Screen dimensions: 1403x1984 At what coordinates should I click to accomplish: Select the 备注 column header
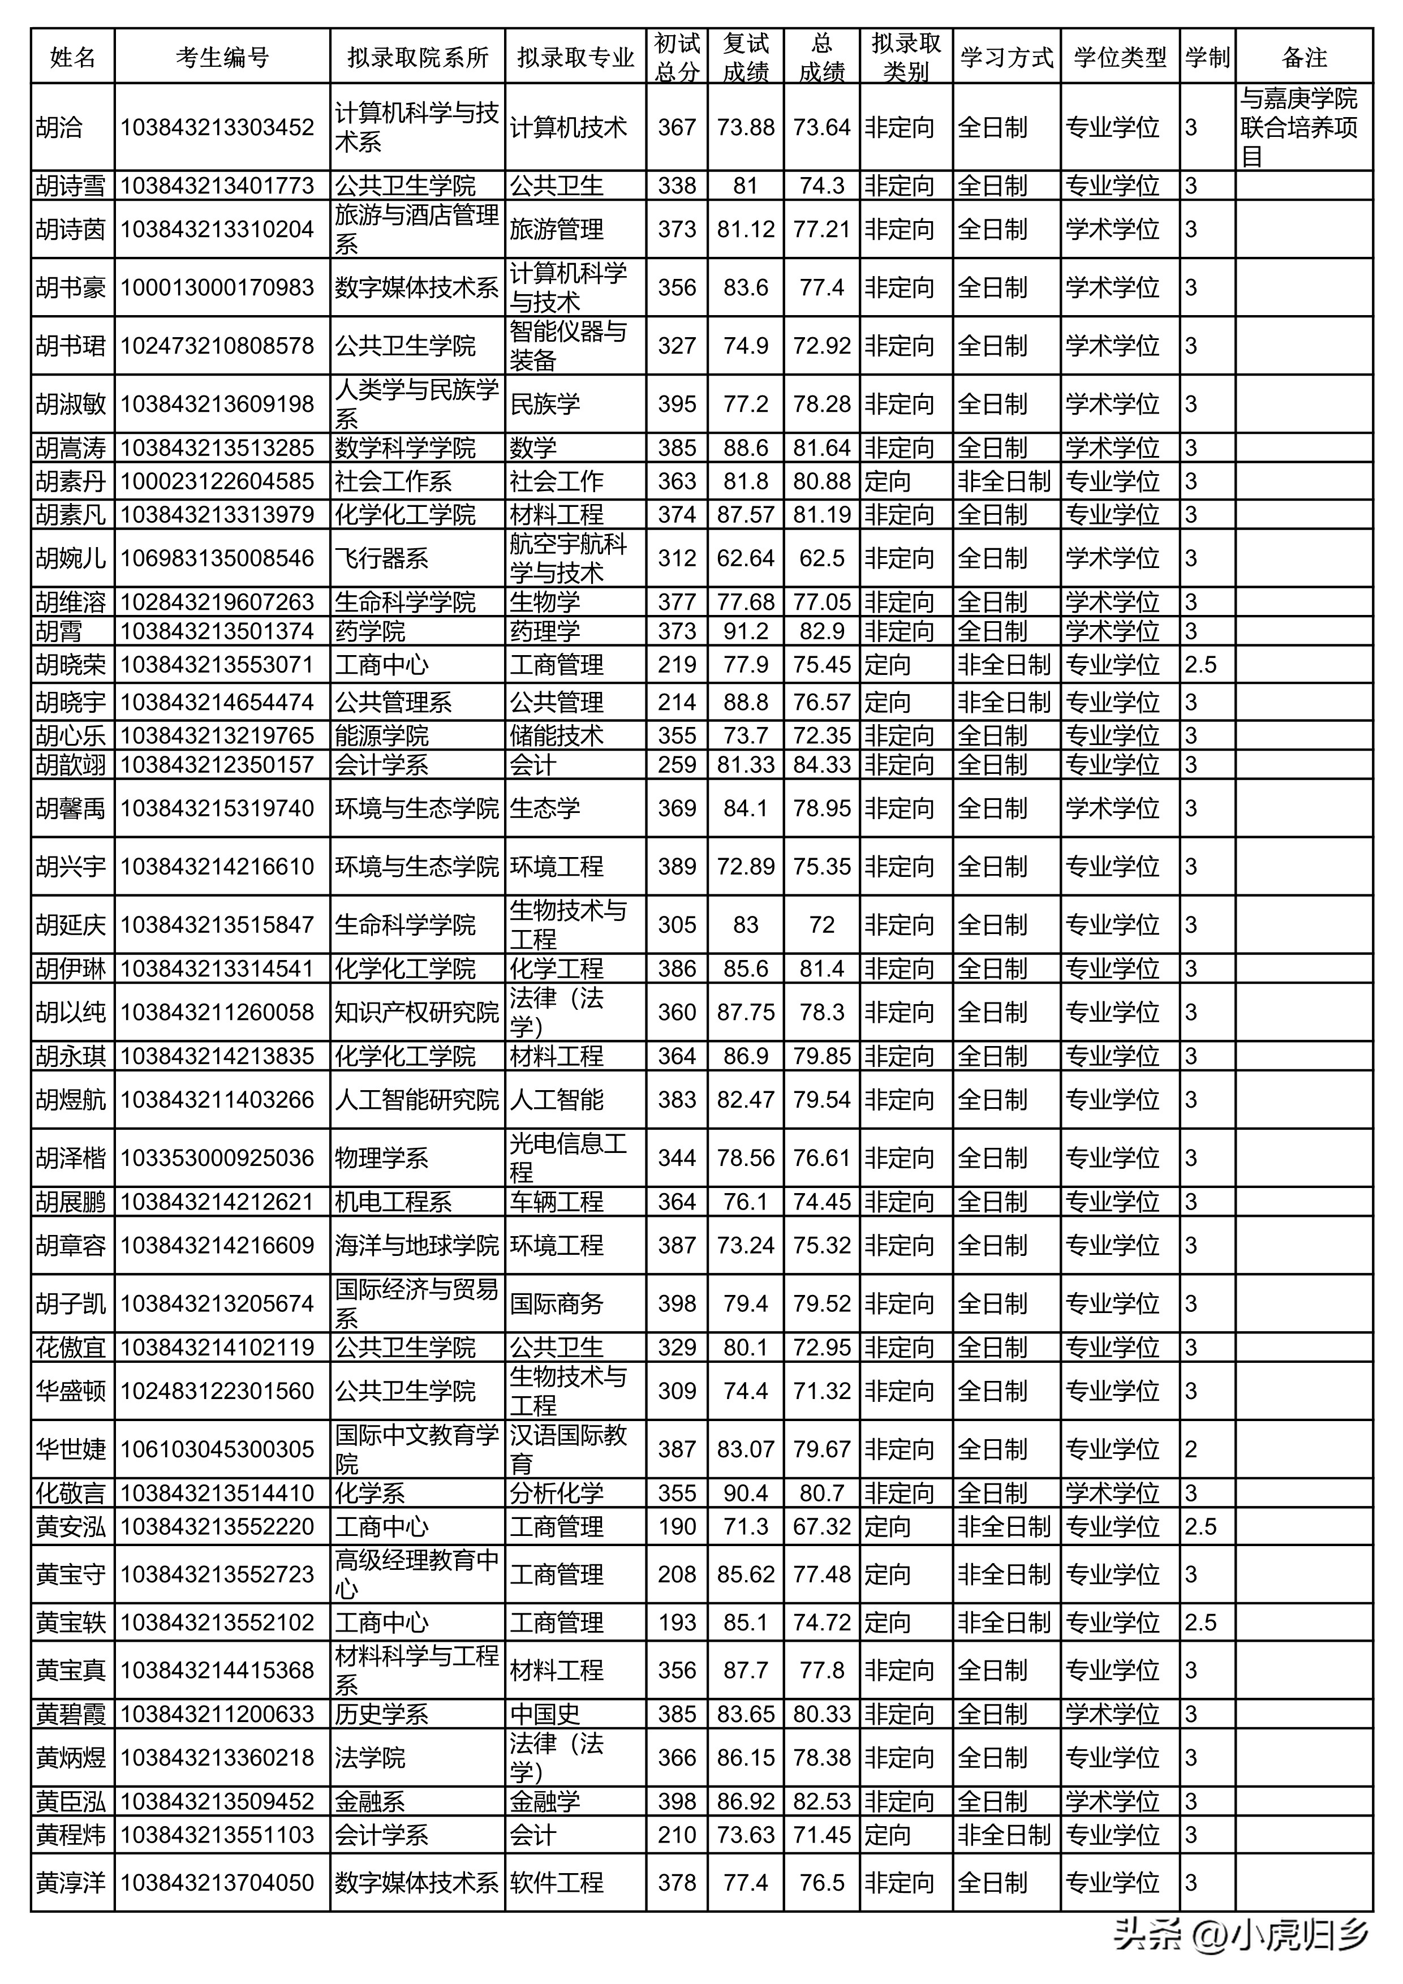1303,57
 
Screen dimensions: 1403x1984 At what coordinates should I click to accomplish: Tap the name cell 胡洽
59,127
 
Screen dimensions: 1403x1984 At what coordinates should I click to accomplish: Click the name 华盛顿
71,1391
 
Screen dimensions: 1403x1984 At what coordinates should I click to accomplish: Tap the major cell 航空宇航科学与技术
569,558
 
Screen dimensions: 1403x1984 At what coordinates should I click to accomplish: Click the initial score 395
677,403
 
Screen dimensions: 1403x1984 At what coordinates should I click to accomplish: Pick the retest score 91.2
746,631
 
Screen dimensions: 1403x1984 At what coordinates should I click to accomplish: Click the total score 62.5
821,558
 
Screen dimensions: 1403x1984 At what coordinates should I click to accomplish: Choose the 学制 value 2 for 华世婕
1191,1449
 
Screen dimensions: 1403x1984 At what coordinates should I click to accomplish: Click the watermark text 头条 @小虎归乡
1241,1933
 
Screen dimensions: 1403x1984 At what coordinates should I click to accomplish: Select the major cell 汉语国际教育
569,1449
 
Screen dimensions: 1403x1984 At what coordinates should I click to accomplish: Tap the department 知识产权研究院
416,1012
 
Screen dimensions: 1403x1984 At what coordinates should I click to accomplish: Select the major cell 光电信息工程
569,1158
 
